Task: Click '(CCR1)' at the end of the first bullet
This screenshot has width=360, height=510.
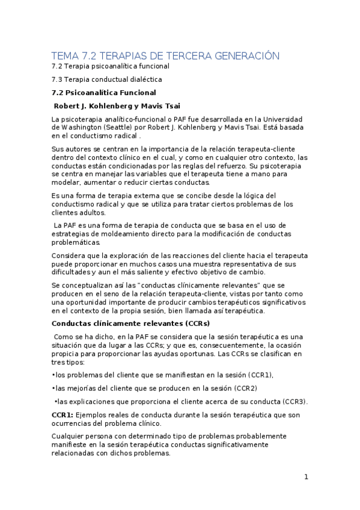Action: pos(255,375)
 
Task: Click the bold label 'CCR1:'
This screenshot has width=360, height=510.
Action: pos(63,415)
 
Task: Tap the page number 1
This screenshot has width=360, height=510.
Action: pos(306,477)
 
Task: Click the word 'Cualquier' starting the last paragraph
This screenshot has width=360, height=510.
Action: pos(70,436)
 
